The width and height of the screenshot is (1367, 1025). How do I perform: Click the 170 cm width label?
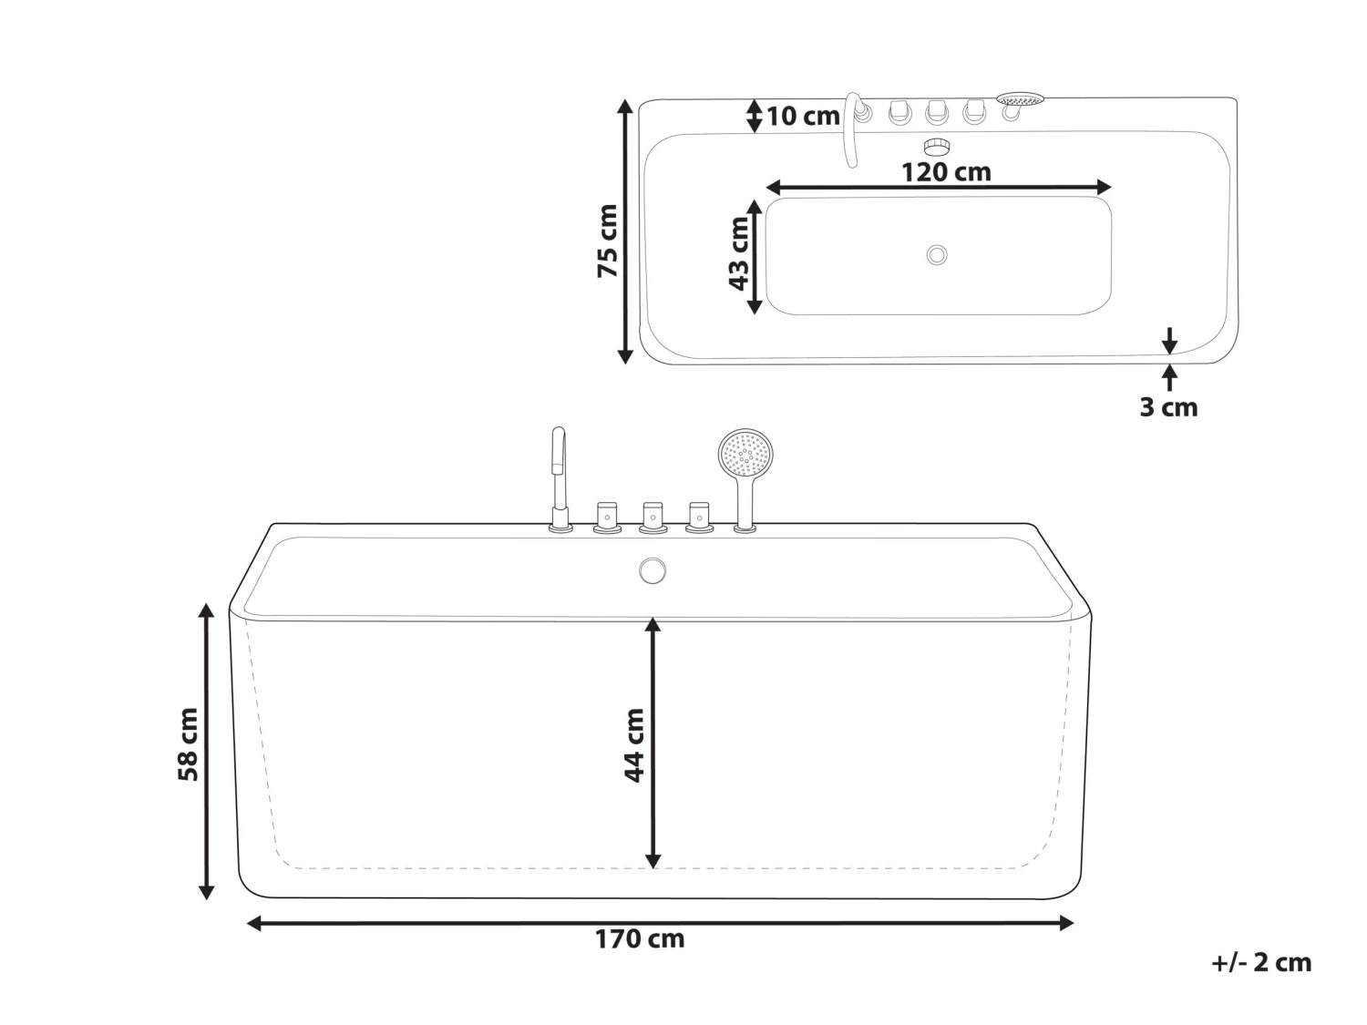click(x=640, y=938)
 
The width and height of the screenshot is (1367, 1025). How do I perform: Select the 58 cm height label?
click(x=188, y=743)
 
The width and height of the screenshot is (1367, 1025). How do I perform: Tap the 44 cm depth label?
click(x=634, y=744)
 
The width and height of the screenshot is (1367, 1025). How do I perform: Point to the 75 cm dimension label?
click(x=607, y=241)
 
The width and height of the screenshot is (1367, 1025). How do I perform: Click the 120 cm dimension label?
click(x=945, y=171)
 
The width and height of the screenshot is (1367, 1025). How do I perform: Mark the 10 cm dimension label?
click(x=802, y=117)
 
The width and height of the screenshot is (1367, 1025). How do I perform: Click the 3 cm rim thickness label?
click(x=1167, y=406)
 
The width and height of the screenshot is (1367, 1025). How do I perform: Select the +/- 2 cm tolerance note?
click(x=1261, y=962)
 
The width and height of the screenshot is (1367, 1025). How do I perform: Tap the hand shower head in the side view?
click(x=745, y=453)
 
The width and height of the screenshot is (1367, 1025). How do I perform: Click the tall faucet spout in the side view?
click(x=559, y=474)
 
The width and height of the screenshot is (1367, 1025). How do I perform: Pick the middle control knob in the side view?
click(x=653, y=517)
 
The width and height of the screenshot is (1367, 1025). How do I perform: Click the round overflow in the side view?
click(x=653, y=571)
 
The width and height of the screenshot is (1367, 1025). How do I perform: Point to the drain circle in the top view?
click(x=937, y=255)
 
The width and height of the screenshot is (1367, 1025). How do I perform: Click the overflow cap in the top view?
click(x=937, y=145)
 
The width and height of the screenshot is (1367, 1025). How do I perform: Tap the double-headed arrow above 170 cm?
click(x=660, y=923)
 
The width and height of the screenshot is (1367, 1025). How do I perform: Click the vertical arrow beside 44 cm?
click(x=653, y=743)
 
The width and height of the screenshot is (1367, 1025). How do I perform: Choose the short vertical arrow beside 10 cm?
click(x=754, y=116)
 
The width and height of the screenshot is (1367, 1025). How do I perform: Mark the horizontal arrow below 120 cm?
click(x=939, y=188)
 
